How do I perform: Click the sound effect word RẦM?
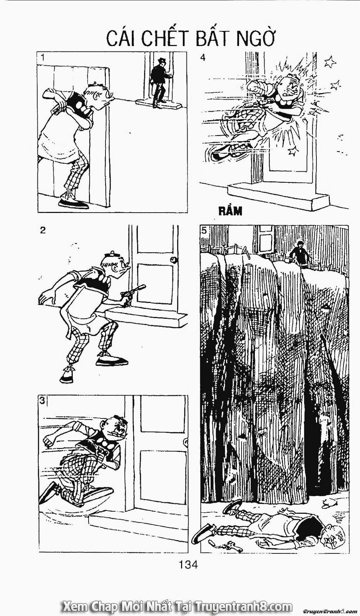[230, 211]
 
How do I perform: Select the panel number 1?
[43, 57]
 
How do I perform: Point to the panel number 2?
[43, 231]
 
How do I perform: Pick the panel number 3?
[42, 402]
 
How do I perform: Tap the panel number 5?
[204, 231]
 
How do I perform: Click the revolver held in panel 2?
[135, 293]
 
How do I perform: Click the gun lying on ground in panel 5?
[230, 546]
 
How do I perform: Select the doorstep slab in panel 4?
[277, 196]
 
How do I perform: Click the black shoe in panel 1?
[73, 204]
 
